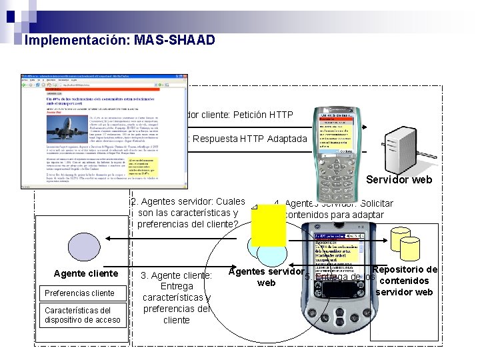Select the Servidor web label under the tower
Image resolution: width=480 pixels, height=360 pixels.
(399, 179)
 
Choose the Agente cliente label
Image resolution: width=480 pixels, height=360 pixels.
(86, 274)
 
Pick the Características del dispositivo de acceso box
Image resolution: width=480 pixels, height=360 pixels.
(83, 315)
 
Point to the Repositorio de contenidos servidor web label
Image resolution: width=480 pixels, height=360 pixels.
(405, 281)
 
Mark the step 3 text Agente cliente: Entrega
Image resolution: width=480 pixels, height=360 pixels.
(177, 281)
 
